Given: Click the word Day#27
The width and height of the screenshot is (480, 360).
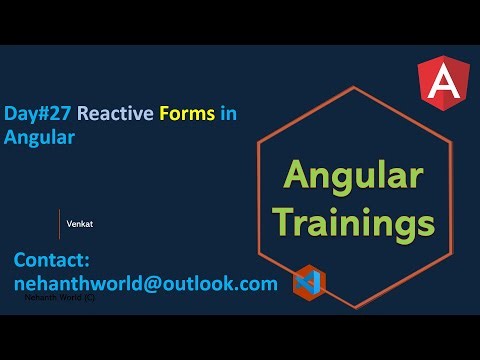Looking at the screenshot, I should click(38, 114).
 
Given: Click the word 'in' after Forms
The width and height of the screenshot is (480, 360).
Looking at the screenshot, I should click(229, 114).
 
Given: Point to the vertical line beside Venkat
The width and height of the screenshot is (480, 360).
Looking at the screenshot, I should click(59, 224).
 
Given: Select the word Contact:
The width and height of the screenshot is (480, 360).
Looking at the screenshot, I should click(52, 260).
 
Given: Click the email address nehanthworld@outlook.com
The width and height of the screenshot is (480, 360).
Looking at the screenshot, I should click(145, 283).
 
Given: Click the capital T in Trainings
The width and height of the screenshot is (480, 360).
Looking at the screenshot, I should click(289, 219).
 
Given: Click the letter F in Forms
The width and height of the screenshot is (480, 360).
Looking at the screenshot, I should click(163, 114).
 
